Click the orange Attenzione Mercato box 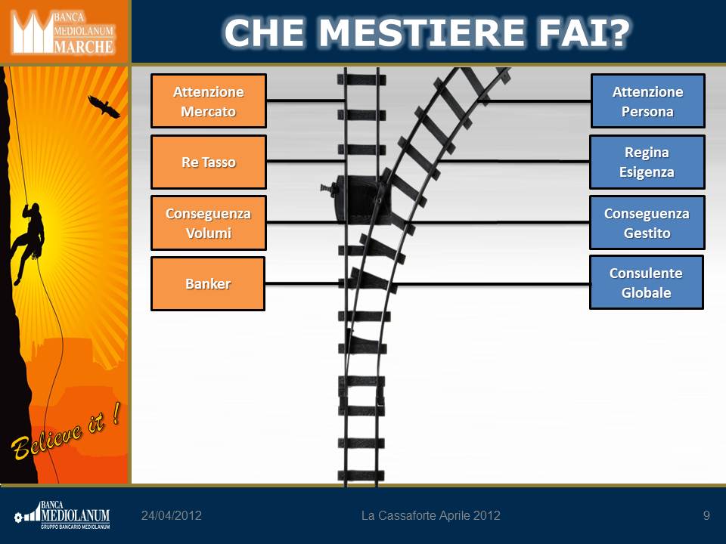pyautogui.click(x=209, y=100)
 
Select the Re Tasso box pyautogui.click(x=209, y=162)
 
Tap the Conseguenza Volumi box pyautogui.click(x=209, y=223)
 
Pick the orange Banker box pyautogui.click(x=208, y=283)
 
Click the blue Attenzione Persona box pyautogui.click(x=648, y=100)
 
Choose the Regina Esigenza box pyautogui.click(x=647, y=162)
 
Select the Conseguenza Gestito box pyautogui.click(x=647, y=222)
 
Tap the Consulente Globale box pyautogui.click(x=647, y=282)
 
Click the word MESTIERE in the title pyautogui.click(x=421, y=32)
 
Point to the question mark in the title pyautogui.click(x=617, y=32)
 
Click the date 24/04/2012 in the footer pyautogui.click(x=172, y=515)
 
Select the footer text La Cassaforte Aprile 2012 pyautogui.click(x=430, y=515)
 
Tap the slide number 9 pyautogui.click(x=706, y=515)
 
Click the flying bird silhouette pyautogui.click(x=104, y=107)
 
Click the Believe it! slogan pyautogui.click(x=66, y=432)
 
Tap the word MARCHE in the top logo pyautogui.click(x=83, y=47)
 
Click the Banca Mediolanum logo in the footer pyautogui.click(x=62, y=515)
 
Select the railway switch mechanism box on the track pyautogui.click(x=356, y=199)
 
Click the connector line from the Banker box pyautogui.click(x=302, y=283)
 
